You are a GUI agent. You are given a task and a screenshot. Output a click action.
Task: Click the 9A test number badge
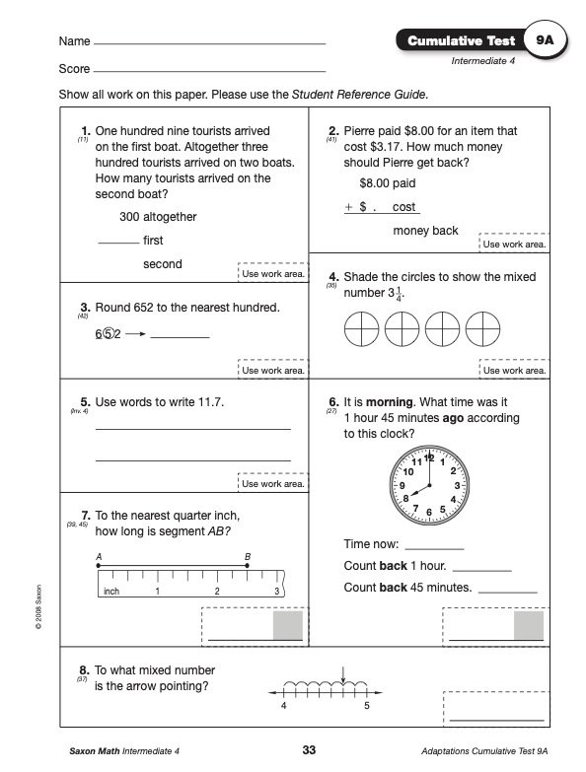coord(545,40)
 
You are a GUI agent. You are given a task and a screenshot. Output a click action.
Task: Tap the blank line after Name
coord(210,43)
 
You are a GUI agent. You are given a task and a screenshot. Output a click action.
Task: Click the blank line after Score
coord(210,71)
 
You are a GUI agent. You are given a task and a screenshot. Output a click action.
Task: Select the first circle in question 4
coord(361,329)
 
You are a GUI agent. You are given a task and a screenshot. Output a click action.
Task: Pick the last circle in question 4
coord(482,329)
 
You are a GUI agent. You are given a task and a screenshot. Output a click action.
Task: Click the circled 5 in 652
coord(109,334)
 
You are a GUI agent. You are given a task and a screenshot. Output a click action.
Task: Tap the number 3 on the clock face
coord(457,485)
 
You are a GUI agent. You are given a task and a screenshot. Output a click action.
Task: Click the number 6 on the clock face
coord(429,512)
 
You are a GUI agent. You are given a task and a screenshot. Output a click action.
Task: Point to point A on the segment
coord(99,566)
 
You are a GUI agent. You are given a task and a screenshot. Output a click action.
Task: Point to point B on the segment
coord(247,566)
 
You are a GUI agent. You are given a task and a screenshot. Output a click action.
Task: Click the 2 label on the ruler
coord(217,591)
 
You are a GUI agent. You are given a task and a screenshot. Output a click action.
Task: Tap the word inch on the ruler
coord(111,591)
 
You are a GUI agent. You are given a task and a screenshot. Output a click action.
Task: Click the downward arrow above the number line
coord(343,674)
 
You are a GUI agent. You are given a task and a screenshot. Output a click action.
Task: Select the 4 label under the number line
coord(284,706)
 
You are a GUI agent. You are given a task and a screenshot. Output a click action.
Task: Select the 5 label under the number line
coord(367,706)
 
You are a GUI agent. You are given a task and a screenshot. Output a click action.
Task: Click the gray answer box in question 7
coord(288,625)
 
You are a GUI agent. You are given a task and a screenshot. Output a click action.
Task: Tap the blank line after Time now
coord(434,548)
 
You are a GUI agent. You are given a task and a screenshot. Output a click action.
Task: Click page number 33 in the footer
coord(309,750)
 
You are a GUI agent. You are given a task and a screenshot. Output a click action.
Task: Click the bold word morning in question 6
coord(390,402)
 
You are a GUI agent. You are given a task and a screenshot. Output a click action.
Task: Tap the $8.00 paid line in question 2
coord(388,183)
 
